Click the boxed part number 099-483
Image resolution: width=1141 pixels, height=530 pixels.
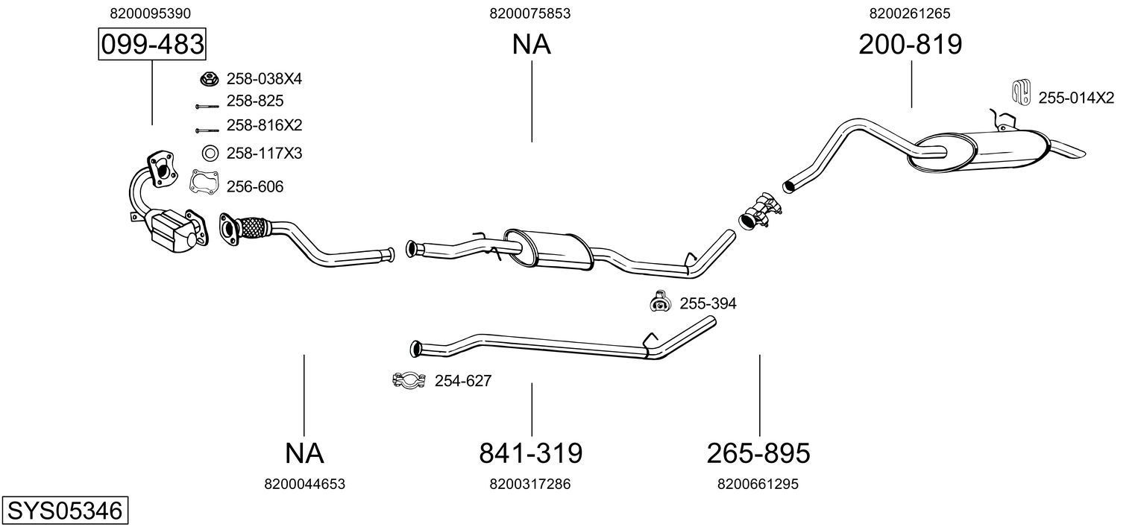tap(152, 45)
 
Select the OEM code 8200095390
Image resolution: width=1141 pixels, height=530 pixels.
tap(150, 13)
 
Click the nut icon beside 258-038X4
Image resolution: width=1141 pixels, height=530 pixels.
tap(210, 78)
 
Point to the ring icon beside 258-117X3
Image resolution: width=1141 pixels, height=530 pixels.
tap(210, 154)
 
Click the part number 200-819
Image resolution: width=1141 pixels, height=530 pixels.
tap(910, 45)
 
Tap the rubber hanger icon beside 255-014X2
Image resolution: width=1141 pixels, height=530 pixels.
tap(1020, 92)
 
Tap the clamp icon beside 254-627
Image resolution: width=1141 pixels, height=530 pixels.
tap(408, 380)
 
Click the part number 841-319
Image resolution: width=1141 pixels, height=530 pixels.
tap(530, 452)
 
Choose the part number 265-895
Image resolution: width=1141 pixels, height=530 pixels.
tap(758, 452)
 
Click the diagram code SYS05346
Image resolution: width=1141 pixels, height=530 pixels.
tap(64, 511)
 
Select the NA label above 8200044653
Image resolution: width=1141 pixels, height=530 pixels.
tap(304, 452)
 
